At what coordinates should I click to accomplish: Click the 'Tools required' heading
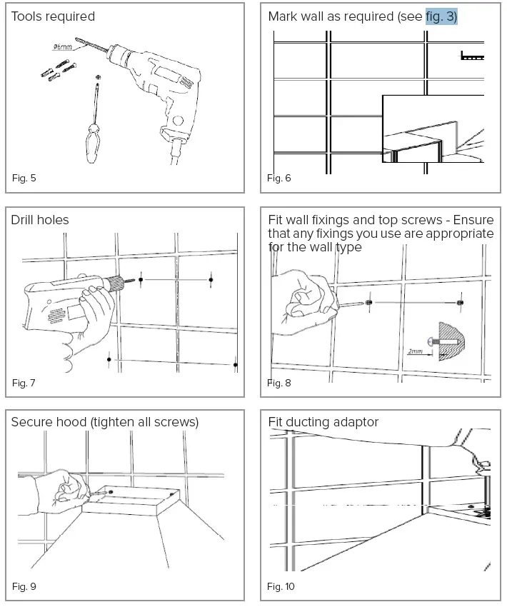53,16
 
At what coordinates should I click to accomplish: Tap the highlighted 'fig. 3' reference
441,16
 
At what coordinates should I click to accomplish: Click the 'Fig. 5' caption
24,178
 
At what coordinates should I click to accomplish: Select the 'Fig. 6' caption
279,178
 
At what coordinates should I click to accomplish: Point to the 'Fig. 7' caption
24,383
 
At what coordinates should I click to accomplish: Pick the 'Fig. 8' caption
279,383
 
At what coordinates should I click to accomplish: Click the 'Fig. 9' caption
24,586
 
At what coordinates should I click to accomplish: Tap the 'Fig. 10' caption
281,586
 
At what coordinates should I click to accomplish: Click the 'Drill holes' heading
40,220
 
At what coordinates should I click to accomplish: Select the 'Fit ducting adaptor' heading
323,422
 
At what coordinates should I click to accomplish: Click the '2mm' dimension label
415,352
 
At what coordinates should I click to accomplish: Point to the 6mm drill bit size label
63,47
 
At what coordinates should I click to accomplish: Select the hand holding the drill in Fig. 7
89,321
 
